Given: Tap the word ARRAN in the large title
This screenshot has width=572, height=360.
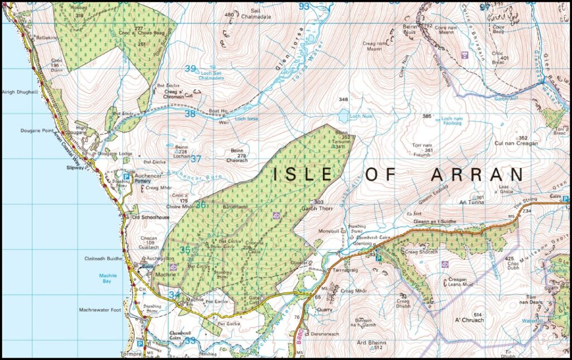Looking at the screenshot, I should click(478, 174).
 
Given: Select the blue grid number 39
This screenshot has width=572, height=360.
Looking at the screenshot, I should click(191, 69).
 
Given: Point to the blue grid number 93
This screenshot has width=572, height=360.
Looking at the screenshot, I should click(303, 7).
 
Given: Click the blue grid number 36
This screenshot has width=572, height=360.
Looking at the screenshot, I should click(201, 205).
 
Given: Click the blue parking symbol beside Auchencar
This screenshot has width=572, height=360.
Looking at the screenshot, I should click(126, 176).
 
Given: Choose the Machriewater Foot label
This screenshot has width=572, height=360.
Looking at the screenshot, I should click(100, 310).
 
